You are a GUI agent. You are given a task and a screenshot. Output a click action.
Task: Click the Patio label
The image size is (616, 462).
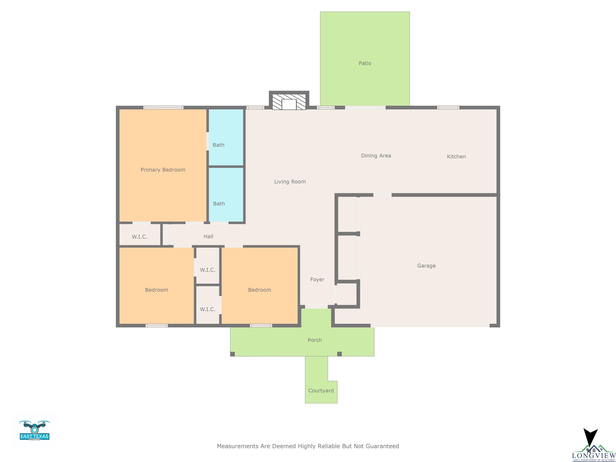click(365, 63)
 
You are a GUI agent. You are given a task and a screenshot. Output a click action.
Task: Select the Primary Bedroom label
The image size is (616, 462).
click(163, 170)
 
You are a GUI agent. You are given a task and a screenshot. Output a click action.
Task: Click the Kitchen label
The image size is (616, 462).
click(456, 156)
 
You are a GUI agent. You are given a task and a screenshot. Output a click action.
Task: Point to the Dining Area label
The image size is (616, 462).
click(376, 156)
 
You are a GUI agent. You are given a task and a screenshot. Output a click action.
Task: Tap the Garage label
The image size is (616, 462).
click(426, 266)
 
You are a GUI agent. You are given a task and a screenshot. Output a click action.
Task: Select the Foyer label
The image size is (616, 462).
click(317, 279)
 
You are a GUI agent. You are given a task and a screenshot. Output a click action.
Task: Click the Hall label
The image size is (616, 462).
click(208, 236)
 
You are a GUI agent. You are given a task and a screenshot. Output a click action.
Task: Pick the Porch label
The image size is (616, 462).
click(315, 340)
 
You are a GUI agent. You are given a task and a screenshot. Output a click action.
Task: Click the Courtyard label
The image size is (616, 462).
click(321, 391)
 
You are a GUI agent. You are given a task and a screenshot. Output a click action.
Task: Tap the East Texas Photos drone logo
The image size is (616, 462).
click(34, 430)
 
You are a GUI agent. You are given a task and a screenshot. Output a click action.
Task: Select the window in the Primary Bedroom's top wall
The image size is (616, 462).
click(163, 107)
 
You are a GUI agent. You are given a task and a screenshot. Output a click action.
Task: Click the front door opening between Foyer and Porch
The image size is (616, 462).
click(316, 307)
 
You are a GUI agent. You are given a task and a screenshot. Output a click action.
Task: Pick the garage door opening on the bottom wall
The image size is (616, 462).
click(430, 325)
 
